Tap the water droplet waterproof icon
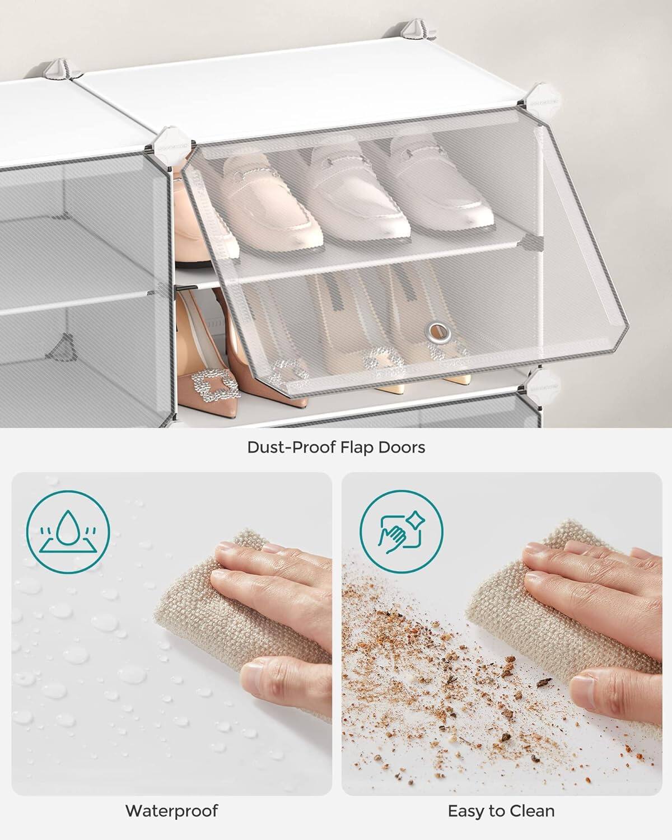click(68, 530)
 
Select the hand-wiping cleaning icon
click(401, 530)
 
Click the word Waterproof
click(171, 810)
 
